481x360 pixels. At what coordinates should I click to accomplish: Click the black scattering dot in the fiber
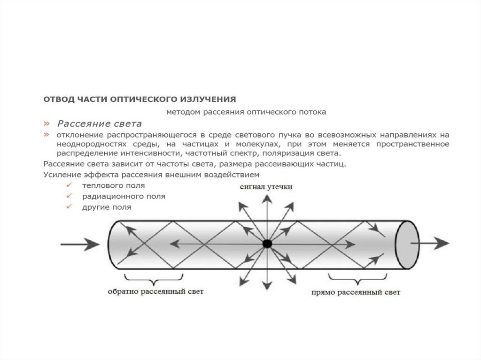(x=267, y=244)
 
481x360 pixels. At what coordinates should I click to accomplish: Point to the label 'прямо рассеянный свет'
(x=356, y=292)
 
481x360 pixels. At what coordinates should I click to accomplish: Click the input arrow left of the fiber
(x=79, y=244)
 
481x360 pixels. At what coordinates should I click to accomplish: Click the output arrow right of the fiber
(x=430, y=243)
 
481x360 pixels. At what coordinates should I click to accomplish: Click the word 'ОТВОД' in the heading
(x=59, y=99)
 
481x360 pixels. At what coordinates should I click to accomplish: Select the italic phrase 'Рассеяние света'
(x=99, y=124)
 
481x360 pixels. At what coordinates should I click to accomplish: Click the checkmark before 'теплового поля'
(x=69, y=186)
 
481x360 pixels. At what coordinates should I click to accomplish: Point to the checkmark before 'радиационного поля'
(x=69, y=196)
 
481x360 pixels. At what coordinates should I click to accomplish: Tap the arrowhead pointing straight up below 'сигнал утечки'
(x=266, y=199)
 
